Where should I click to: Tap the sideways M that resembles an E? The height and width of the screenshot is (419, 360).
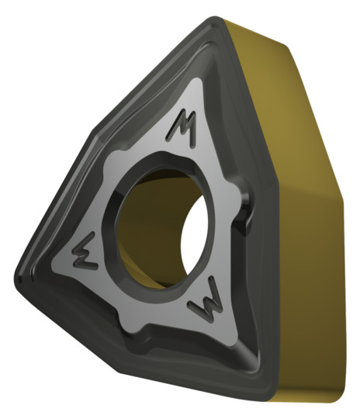[85, 251]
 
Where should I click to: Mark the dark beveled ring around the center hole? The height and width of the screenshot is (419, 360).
[112, 227]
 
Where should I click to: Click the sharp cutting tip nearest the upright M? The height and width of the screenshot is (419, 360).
[215, 19]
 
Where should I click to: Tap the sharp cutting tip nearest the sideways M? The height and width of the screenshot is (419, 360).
[18, 278]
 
